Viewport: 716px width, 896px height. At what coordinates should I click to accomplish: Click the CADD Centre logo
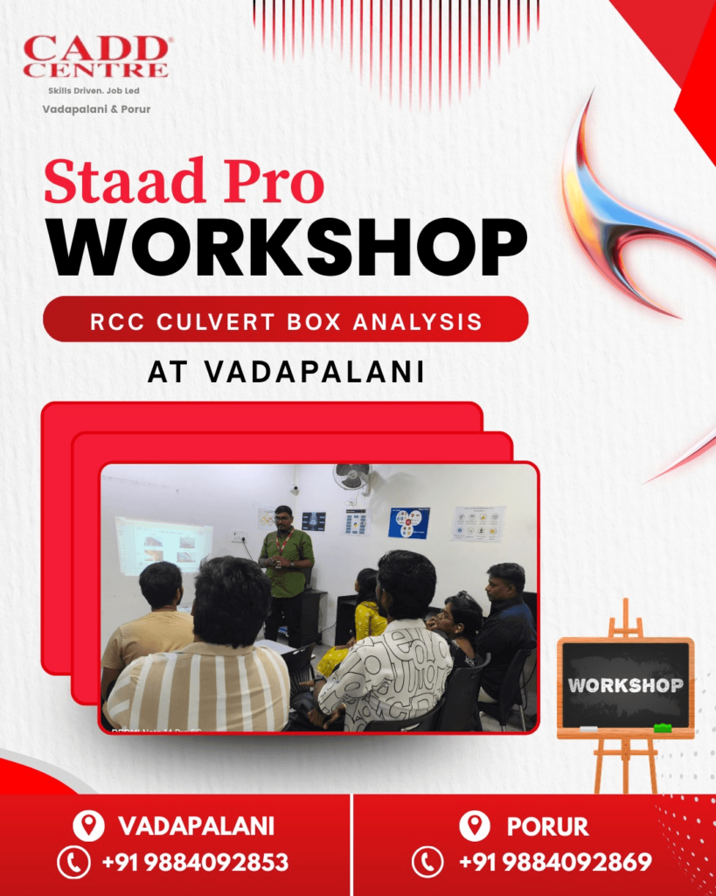[95, 58]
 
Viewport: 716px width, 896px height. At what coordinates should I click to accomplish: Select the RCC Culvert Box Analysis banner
[286, 320]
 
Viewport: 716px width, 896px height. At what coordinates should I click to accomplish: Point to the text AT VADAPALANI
[286, 371]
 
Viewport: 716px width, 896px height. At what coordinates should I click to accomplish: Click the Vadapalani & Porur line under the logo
[96, 109]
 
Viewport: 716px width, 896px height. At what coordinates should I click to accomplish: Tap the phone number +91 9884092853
[194, 863]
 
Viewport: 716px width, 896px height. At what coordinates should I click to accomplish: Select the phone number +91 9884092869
[555, 863]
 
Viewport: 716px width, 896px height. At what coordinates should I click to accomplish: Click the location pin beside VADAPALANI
[87, 826]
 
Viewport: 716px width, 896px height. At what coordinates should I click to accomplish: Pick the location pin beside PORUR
[474, 826]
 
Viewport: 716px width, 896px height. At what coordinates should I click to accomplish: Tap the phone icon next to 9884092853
[73, 863]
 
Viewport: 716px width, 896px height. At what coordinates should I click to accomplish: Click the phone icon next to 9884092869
[428, 863]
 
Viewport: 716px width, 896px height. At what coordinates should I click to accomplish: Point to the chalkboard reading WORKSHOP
[625, 684]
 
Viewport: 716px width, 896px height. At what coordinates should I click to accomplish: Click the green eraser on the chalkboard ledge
[663, 727]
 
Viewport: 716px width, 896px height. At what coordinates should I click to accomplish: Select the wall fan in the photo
[351, 478]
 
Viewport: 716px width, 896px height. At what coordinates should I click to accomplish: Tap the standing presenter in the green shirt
[285, 569]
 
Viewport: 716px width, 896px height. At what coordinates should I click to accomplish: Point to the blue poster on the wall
[408, 522]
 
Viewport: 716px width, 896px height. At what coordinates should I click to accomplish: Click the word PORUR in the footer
[547, 826]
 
